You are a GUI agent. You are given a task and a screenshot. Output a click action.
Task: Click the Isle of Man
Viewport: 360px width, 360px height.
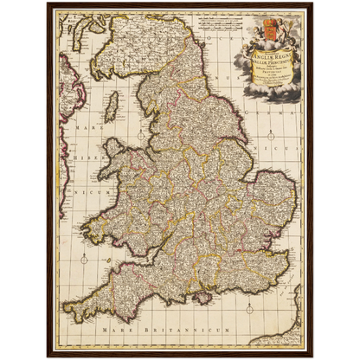[x=111, y=107]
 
